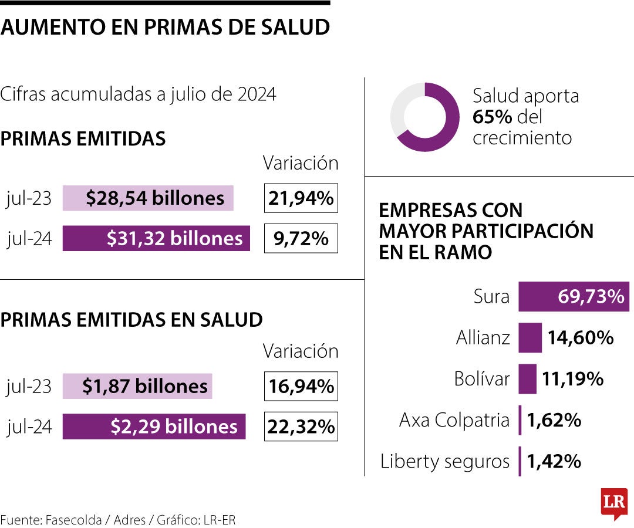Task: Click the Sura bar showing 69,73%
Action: [574, 297]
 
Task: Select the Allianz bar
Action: [530, 338]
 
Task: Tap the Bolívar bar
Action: [527, 379]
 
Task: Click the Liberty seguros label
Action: [445, 461]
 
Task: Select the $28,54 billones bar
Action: [148, 198]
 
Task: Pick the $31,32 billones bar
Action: [156, 238]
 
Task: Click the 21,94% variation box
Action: [301, 198]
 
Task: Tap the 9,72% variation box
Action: [301, 238]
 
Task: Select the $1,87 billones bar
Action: [137, 386]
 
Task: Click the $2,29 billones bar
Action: [154, 427]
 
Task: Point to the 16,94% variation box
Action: [301, 386]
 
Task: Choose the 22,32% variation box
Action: [301, 427]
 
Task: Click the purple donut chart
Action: [425, 117]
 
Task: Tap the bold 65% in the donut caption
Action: [493, 117]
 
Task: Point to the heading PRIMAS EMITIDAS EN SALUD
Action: [131, 320]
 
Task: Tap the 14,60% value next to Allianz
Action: [581, 338]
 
